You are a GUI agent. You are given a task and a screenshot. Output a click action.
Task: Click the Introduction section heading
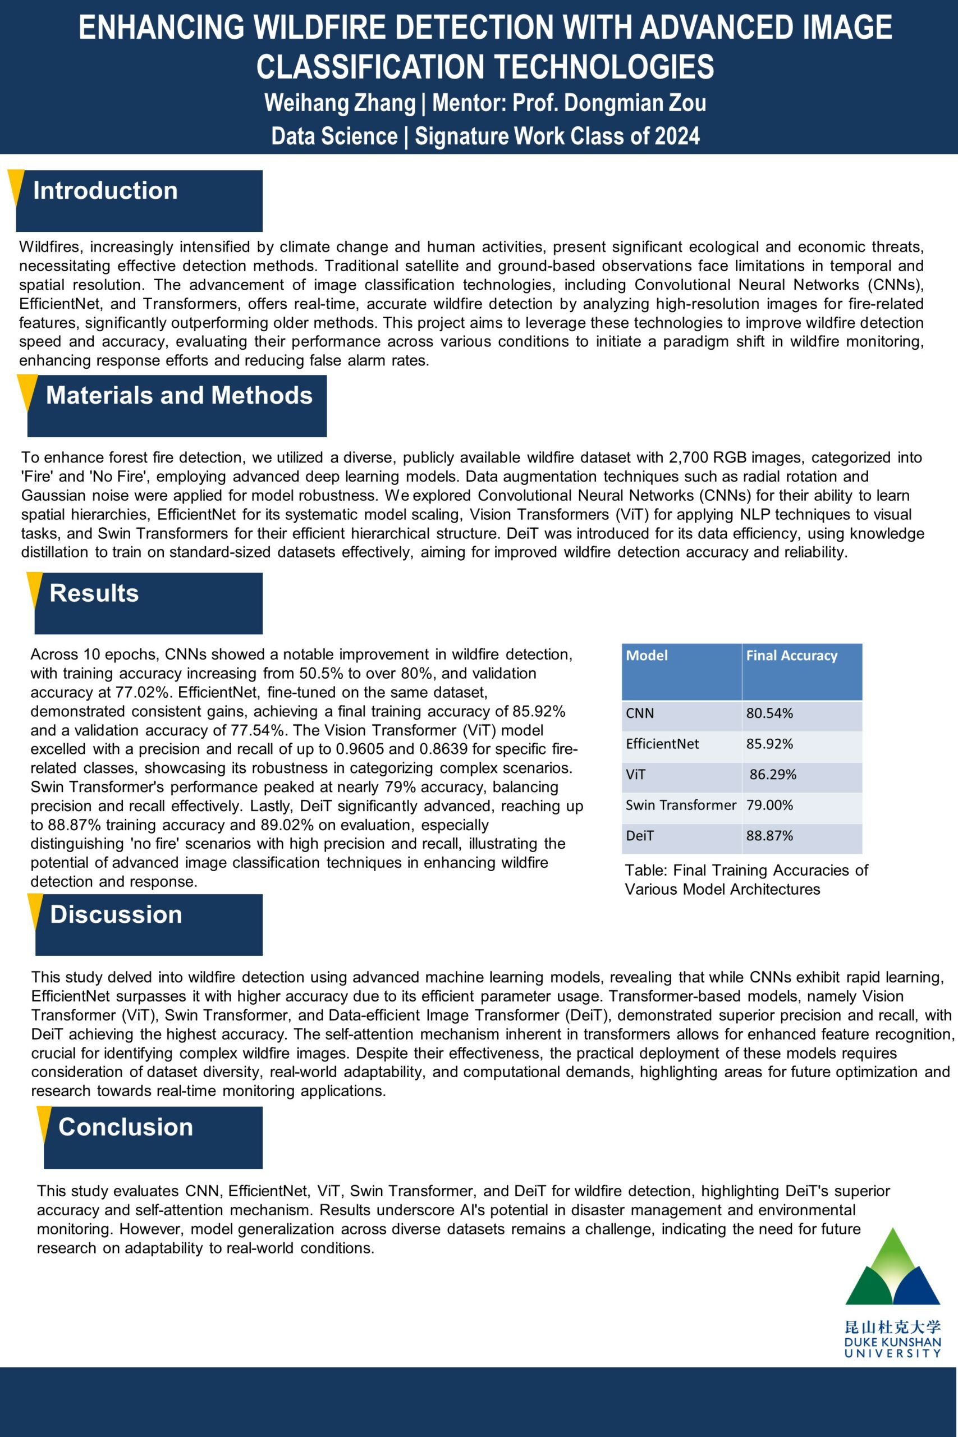click(x=105, y=191)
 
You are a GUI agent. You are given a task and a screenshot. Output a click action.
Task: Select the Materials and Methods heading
click(x=179, y=396)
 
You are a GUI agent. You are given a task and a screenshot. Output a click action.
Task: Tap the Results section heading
click(x=94, y=593)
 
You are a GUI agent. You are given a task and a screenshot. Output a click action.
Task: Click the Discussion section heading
click(x=116, y=914)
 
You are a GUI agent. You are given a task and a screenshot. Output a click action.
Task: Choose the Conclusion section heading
click(x=126, y=1127)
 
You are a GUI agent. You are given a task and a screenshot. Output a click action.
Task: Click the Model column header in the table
click(x=647, y=656)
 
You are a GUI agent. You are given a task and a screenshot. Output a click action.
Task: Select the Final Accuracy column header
click(x=791, y=656)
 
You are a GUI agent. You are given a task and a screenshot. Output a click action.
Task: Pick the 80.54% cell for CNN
click(x=769, y=713)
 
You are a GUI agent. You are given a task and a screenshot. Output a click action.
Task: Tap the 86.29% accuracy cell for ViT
click(x=773, y=775)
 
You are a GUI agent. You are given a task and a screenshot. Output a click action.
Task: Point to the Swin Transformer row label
click(x=681, y=806)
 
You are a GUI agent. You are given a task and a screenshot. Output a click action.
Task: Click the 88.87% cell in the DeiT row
click(x=769, y=836)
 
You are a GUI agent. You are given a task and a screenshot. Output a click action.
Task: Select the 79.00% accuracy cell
click(x=769, y=806)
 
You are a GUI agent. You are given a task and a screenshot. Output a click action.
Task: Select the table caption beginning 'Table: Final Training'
click(x=745, y=879)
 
